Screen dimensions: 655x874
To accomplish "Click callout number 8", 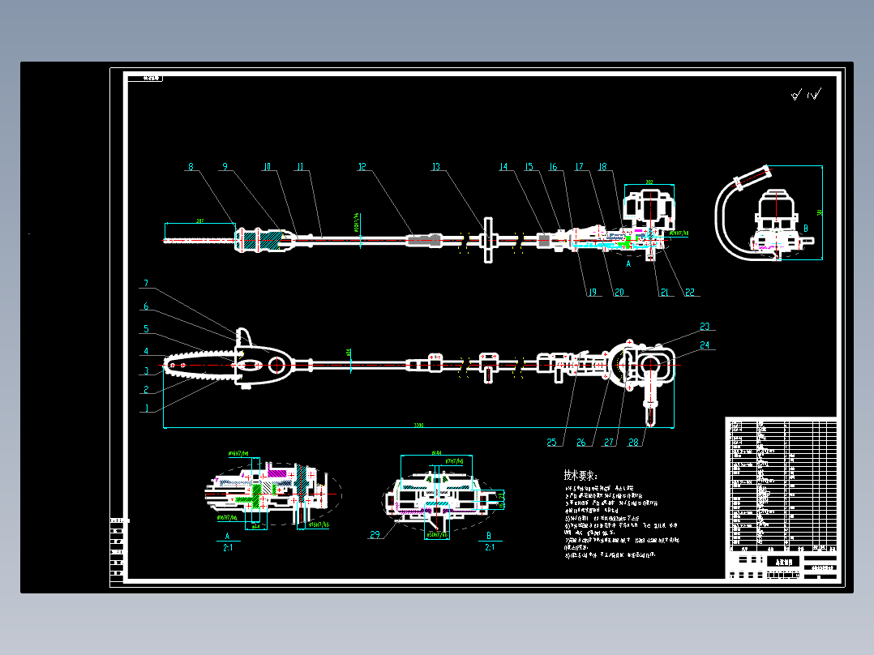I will point(191,168).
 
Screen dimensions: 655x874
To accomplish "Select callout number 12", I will point(362,168).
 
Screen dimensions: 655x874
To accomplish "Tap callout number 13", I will point(435,168).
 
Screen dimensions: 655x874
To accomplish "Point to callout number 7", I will point(146,284).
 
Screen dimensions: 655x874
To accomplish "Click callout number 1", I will point(146,409).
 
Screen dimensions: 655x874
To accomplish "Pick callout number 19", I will point(591,292).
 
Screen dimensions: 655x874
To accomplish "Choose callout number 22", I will point(690,292).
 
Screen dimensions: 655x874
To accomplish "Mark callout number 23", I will point(705,327).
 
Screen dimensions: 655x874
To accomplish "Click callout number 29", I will point(375,534).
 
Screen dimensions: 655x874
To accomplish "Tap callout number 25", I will point(552,442).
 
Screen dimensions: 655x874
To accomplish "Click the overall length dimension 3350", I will point(418,425).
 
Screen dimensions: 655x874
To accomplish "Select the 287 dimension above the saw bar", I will point(199,220).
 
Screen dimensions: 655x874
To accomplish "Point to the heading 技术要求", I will point(580,476).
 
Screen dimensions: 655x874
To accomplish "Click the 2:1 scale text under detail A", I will point(228,547).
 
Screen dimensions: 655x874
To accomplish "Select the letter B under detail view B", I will point(489,536).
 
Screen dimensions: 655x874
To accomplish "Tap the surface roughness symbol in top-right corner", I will point(806,95).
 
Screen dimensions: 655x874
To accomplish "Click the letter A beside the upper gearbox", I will point(628,263).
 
